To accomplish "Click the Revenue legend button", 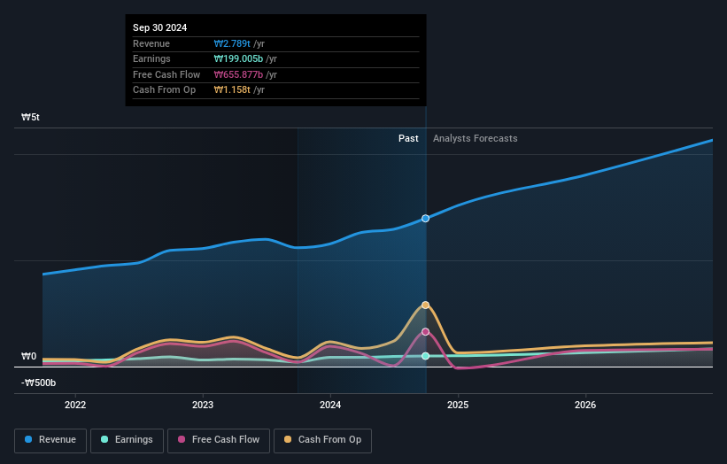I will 50,439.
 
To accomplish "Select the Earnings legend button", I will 127,439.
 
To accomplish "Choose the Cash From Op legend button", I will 322,439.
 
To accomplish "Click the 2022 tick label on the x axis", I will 75,406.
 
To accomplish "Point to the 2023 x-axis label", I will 203,406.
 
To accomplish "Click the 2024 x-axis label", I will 330,406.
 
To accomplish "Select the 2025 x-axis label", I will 458,406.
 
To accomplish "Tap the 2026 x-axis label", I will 585,406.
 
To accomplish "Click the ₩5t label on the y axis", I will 31,117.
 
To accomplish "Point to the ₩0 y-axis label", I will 28,357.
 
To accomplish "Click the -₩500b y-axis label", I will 39,383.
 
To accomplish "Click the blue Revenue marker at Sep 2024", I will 426,218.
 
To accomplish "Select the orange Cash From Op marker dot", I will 426,305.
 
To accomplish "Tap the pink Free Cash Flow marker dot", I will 426,332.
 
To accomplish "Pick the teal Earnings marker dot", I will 426,356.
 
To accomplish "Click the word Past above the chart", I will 408,138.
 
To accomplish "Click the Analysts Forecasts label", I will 475,138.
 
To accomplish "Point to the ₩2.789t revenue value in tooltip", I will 232,43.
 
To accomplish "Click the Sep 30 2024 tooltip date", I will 160,28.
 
